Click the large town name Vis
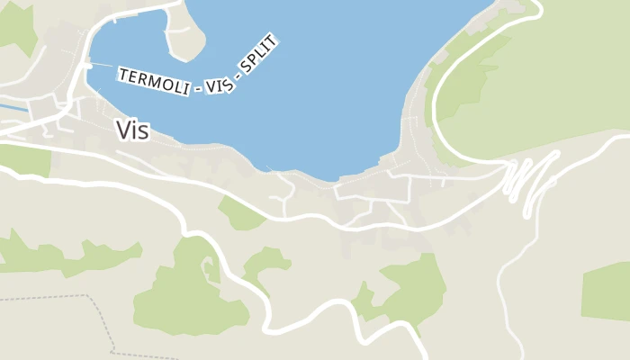(132, 130)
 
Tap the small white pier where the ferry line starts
(89, 65)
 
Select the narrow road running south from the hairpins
(504, 288)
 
